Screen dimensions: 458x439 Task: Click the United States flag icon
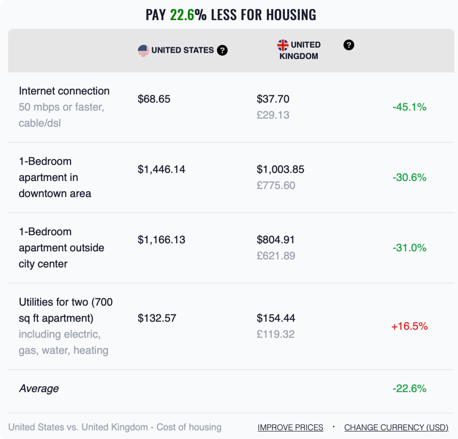point(143,51)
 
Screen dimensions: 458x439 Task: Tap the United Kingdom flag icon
point(283,45)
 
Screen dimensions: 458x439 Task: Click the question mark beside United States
point(222,50)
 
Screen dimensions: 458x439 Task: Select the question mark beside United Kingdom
point(349,45)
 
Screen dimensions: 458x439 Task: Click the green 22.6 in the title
point(182,14)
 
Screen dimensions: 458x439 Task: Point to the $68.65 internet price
point(154,99)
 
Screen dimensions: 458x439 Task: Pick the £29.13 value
point(273,115)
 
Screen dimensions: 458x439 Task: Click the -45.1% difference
point(410,107)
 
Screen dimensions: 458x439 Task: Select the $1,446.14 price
point(162,169)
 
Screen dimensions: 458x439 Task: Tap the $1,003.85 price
point(280,169)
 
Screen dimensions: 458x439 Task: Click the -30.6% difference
point(410,177)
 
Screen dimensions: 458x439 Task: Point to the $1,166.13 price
point(162,240)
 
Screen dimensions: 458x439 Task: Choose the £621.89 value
point(276,256)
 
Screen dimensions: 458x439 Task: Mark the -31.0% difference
point(410,248)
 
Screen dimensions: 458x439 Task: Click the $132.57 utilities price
point(157,318)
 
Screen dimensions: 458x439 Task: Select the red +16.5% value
point(410,326)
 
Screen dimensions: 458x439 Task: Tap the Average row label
point(39,389)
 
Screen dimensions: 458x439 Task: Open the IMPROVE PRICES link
point(290,428)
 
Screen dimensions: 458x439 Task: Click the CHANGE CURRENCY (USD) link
point(396,428)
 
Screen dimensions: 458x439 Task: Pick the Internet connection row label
point(64,91)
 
